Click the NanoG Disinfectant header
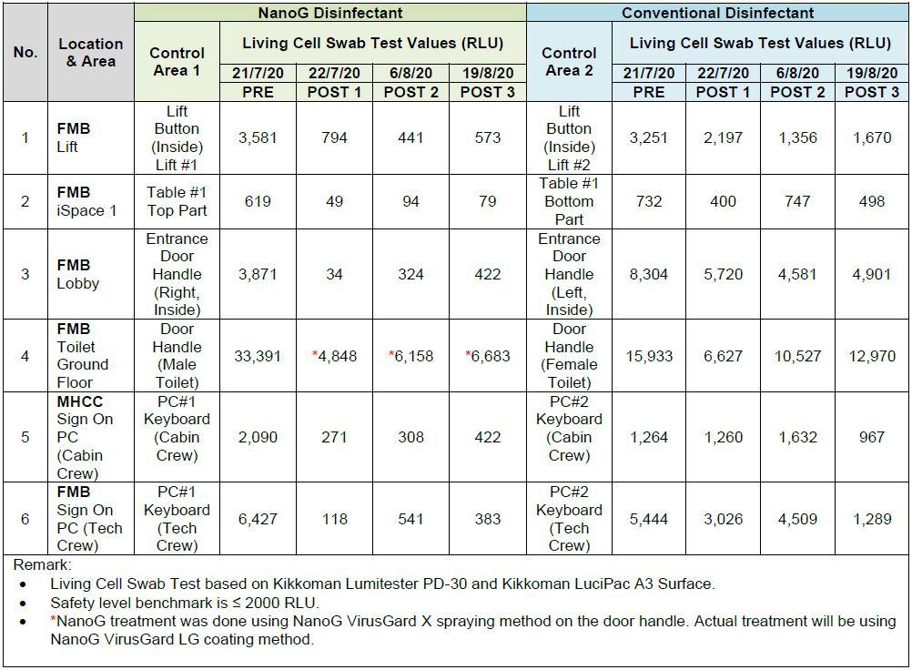tap(329, 13)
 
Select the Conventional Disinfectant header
tap(717, 13)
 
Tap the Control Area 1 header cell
tap(177, 61)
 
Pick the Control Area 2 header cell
tap(569, 61)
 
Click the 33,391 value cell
tap(258, 356)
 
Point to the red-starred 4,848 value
tap(335, 356)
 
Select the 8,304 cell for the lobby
tap(648, 274)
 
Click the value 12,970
tap(872, 356)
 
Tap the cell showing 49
tap(335, 201)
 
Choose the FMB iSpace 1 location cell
tap(86, 201)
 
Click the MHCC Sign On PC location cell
tap(86, 437)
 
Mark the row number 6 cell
tap(25, 519)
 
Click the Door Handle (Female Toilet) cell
tap(569, 356)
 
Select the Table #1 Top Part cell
tap(177, 201)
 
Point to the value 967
tap(872, 437)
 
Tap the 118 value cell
tap(335, 519)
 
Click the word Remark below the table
tap(40, 565)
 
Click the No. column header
tap(25, 52)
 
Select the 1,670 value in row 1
tap(872, 137)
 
